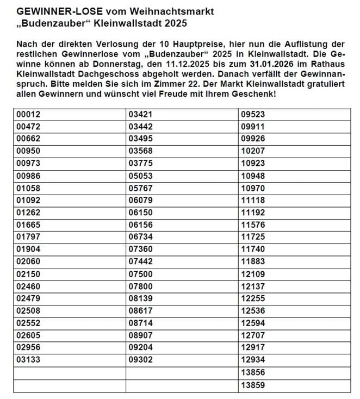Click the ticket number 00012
pyautogui.click(x=28, y=115)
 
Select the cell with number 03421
pyautogui.click(x=140, y=115)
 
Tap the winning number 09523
pyautogui.click(x=252, y=115)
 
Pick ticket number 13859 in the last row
pyautogui.click(x=252, y=385)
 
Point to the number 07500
pyautogui.click(x=140, y=274)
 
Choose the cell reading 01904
pyautogui.click(x=28, y=250)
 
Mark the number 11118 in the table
pyautogui.click(x=252, y=201)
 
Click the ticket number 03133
pyautogui.click(x=28, y=360)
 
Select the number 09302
pyautogui.click(x=140, y=360)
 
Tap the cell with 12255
pyautogui.click(x=252, y=298)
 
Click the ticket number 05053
pyautogui.click(x=140, y=176)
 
